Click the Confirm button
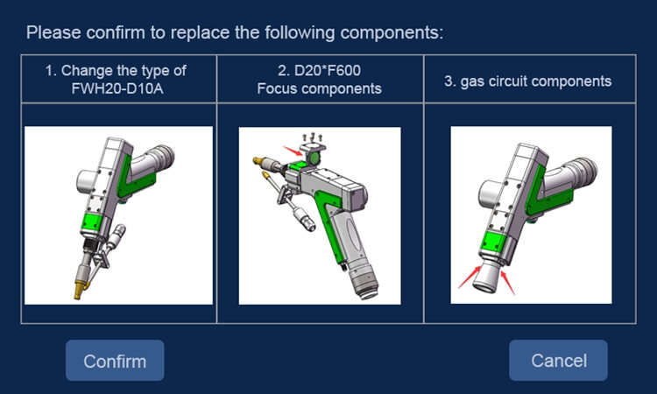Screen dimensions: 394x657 point(115,361)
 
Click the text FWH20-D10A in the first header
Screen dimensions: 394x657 point(116,88)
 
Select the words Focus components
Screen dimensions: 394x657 point(319,88)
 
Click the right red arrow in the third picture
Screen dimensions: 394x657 point(509,282)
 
